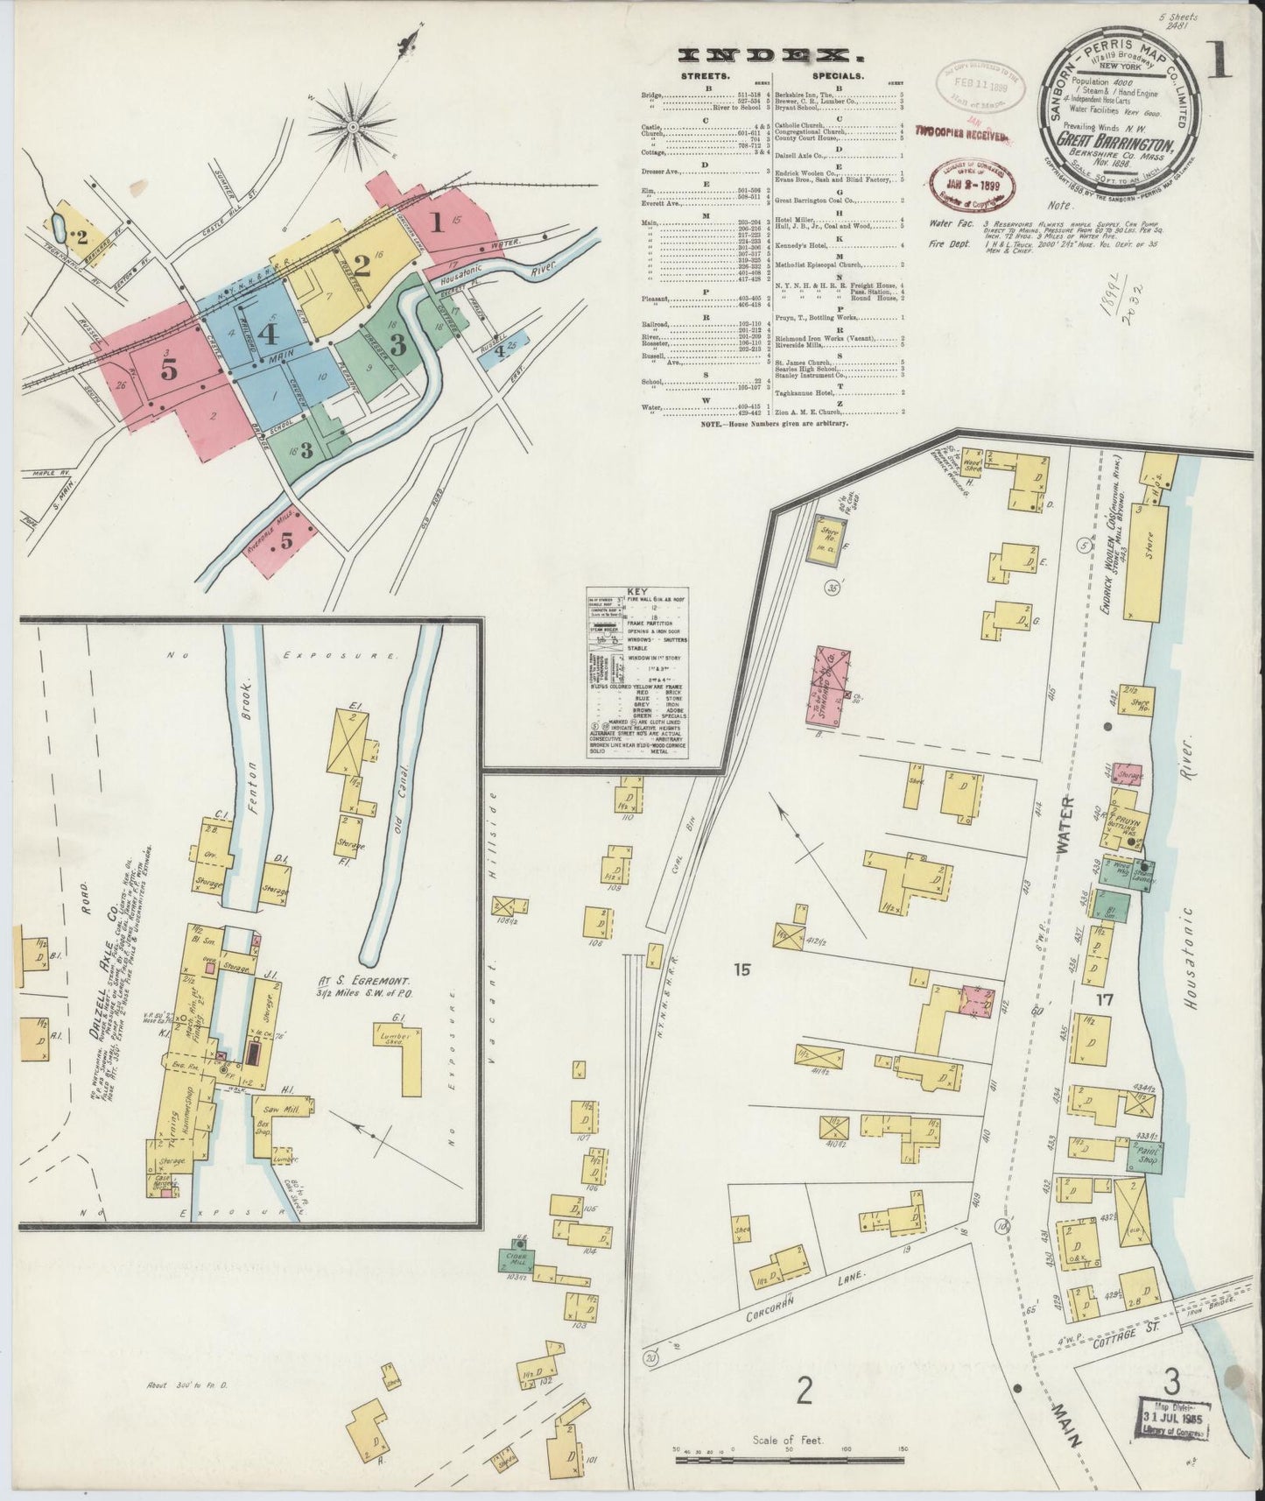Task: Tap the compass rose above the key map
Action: point(351,127)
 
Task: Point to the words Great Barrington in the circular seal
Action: point(1109,139)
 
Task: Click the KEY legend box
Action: point(636,673)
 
